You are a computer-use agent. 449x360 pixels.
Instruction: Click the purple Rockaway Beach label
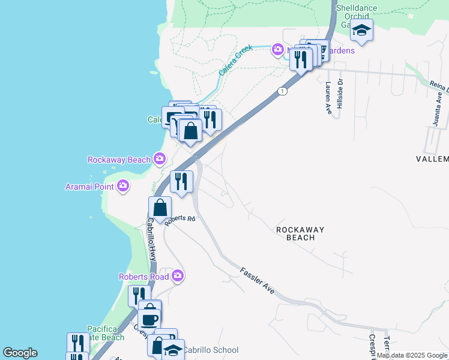click(119, 160)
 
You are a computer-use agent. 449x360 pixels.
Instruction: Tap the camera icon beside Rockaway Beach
click(160, 159)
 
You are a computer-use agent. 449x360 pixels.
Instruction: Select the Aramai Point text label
click(90, 187)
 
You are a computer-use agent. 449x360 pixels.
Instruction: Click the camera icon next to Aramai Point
click(123, 186)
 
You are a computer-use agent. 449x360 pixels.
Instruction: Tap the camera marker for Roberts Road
click(177, 276)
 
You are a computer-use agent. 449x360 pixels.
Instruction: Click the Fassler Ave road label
click(258, 280)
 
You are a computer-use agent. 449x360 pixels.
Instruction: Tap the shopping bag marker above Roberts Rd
click(160, 208)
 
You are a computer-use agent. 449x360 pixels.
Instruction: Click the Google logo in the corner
click(20, 353)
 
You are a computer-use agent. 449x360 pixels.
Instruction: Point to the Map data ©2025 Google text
click(412, 356)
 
